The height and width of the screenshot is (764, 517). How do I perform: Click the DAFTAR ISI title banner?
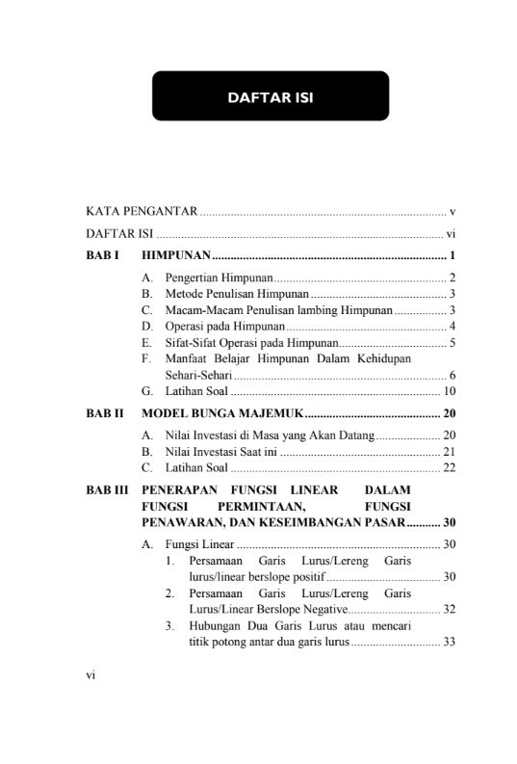click(x=270, y=96)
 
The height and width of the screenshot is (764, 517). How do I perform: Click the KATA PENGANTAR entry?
click(x=142, y=210)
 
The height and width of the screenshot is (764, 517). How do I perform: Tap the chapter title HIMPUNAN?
click(x=175, y=256)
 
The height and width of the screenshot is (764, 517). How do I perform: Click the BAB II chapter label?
click(x=104, y=414)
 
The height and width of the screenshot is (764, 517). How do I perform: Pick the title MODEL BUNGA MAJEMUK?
click(x=222, y=414)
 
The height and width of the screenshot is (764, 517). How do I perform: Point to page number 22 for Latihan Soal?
click(x=449, y=468)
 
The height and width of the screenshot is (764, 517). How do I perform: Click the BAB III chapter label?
click(x=106, y=490)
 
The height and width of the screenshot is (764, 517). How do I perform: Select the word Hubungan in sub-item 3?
click(x=213, y=626)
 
